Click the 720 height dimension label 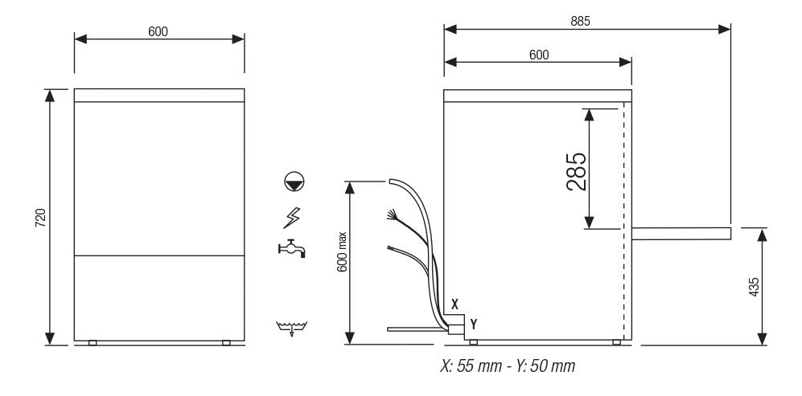(40, 217)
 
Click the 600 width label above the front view (158, 31)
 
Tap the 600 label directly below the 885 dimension (538, 55)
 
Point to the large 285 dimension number (576, 171)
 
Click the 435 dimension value (753, 287)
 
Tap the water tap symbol (291, 250)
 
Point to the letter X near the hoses (455, 304)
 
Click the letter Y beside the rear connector (474, 324)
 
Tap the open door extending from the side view (681, 234)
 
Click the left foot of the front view (93, 343)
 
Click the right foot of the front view (226, 343)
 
